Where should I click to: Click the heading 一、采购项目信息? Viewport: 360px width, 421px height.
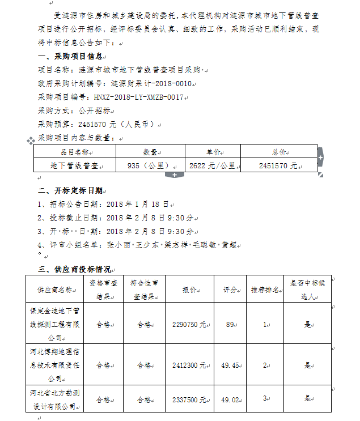[x=70, y=56]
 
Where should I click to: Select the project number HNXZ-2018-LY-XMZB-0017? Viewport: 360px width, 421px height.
[x=139, y=97]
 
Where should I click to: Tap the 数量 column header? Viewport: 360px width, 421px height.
[x=150, y=152]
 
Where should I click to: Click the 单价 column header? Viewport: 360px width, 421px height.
[x=213, y=152]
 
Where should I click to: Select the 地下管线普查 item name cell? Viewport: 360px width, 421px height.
[x=74, y=165]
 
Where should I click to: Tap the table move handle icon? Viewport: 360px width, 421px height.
[x=31, y=140]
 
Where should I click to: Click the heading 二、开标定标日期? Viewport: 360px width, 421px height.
[x=70, y=190]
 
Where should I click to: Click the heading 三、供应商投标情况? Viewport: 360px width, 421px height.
[x=74, y=269]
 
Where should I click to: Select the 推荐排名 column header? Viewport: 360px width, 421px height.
[x=265, y=290]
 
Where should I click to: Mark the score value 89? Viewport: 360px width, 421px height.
[x=230, y=325]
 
